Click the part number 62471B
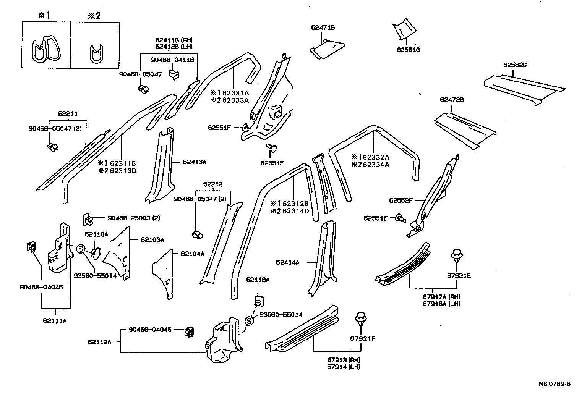(323, 27)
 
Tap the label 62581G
(408, 50)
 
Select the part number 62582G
(515, 65)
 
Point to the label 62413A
(194, 162)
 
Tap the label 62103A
(152, 240)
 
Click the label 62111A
(55, 321)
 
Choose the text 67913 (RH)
(344, 360)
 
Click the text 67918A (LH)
(441, 304)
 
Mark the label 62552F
(401, 200)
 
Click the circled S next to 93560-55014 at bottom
(249, 321)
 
